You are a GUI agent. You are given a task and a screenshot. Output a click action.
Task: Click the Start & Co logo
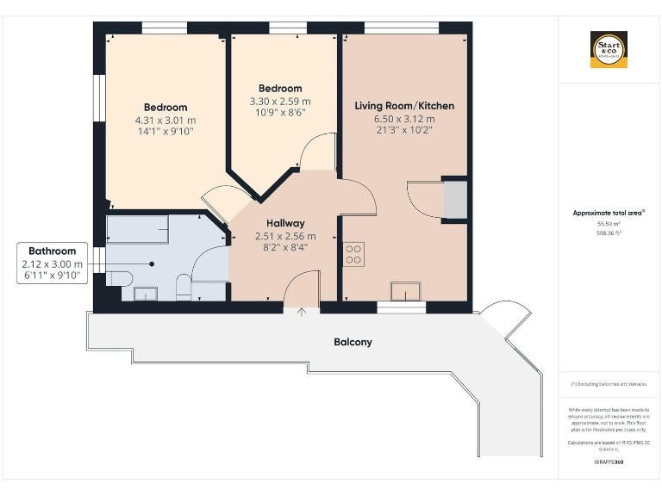(609, 50)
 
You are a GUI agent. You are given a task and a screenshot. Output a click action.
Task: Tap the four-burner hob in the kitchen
(353, 254)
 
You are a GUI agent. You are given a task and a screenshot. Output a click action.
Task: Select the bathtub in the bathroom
(137, 230)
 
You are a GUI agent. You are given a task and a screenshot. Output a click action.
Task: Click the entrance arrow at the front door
(301, 312)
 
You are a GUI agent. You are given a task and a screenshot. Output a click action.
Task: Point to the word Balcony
(353, 342)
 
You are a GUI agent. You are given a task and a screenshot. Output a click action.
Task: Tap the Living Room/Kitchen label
(404, 106)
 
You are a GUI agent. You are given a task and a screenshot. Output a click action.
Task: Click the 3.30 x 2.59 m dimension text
(280, 101)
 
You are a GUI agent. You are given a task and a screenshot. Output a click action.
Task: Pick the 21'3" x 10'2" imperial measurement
(404, 131)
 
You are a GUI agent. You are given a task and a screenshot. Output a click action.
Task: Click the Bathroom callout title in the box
(52, 251)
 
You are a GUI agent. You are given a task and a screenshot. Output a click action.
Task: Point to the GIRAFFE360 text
(609, 462)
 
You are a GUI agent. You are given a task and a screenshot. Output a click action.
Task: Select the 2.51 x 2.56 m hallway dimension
(284, 236)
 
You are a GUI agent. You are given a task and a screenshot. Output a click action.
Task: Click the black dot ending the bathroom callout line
(153, 264)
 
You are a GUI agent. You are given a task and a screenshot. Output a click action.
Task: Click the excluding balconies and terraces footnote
(609, 383)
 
